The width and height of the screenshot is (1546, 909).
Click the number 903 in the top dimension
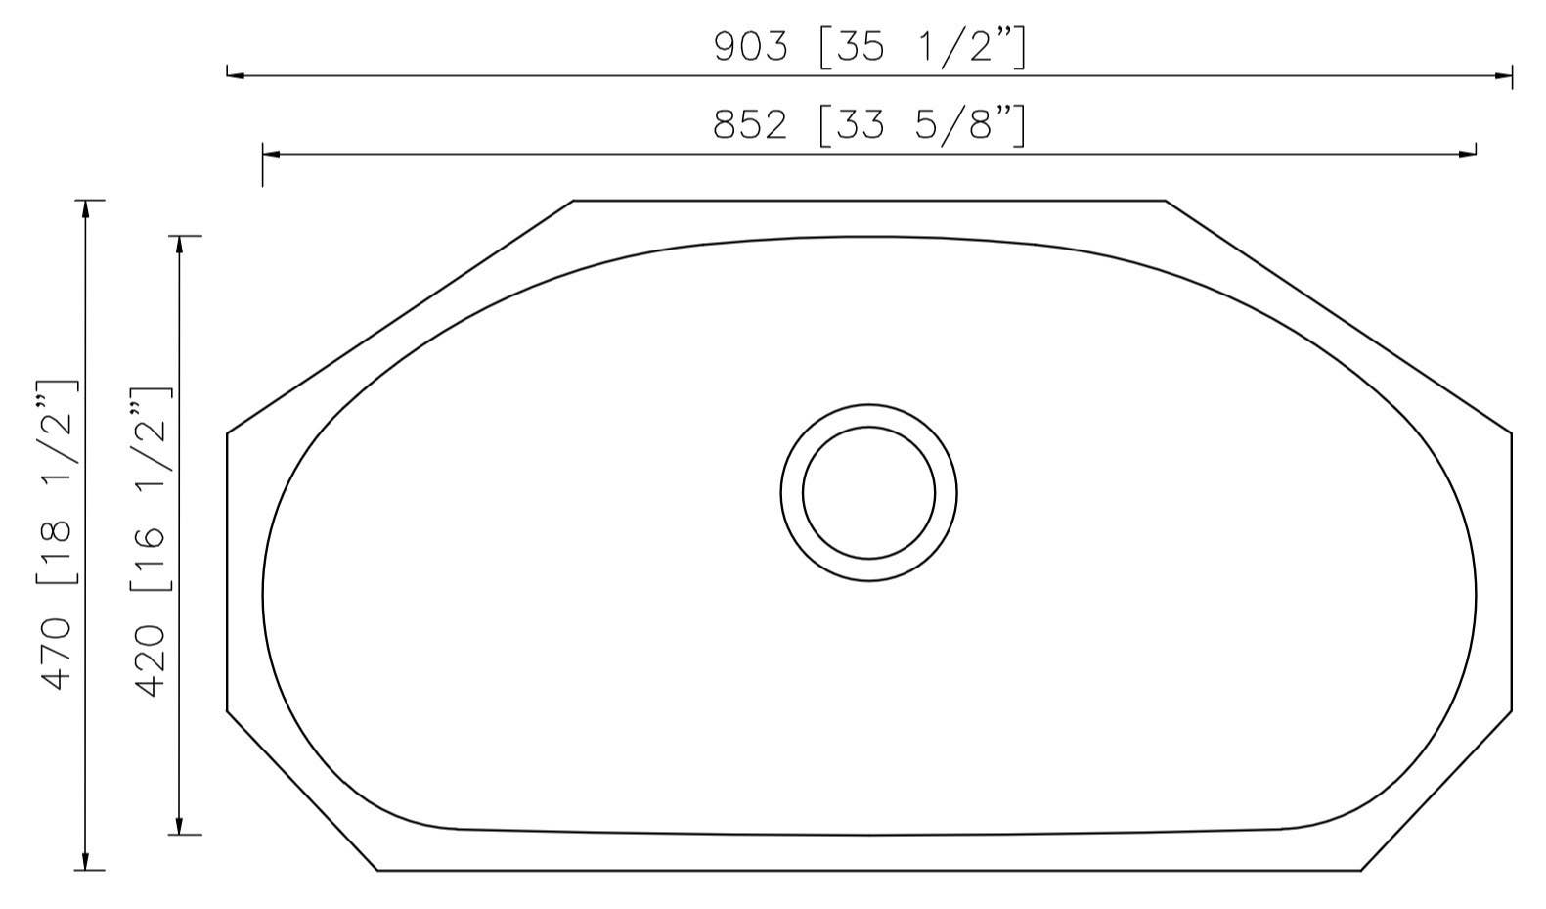(x=750, y=47)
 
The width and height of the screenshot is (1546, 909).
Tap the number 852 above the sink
(x=750, y=125)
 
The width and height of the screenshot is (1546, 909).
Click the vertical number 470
(x=56, y=654)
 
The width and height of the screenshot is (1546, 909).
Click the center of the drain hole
(x=868, y=492)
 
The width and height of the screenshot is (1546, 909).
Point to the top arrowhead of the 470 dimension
(x=86, y=207)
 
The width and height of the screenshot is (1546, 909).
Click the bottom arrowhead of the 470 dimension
(x=86, y=862)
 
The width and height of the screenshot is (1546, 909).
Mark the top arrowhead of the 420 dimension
(x=179, y=244)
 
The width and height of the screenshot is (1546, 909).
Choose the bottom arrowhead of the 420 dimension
(x=179, y=827)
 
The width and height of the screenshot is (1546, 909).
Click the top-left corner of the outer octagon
(x=574, y=201)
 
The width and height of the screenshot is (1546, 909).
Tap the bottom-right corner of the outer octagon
(x=1360, y=870)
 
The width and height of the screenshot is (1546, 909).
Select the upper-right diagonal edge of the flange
(x=1338, y=316)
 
